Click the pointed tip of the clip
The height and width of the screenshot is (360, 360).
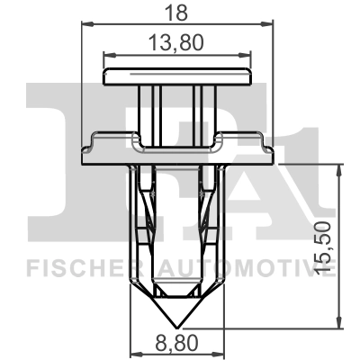(176, 325)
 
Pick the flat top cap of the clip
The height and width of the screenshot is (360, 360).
(177, 76)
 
